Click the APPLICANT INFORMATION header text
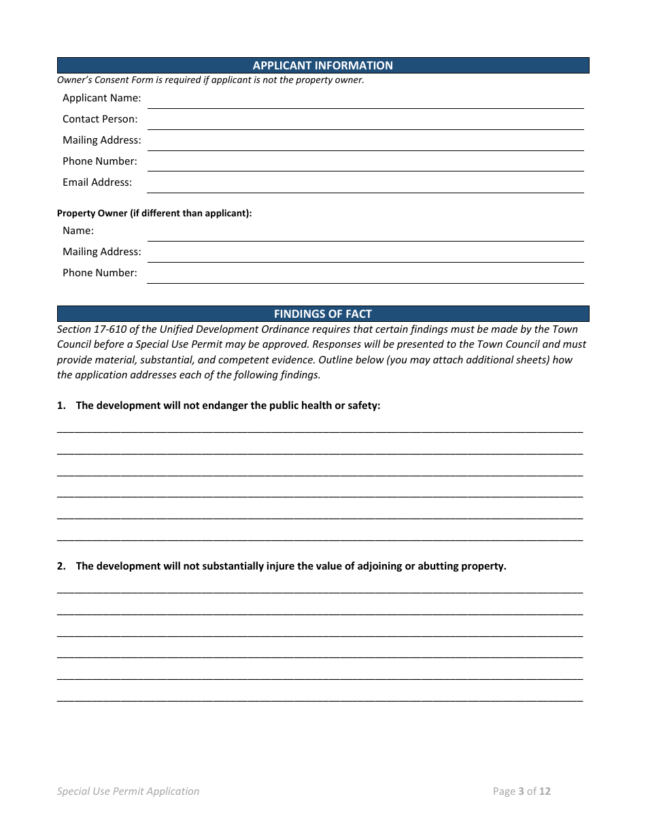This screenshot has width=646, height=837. click(x=322, y=65)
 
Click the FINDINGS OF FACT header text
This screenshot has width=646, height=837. click(x=322, y=314)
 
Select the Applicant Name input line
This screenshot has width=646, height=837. click(x=365, y=101)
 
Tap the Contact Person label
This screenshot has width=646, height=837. click(x=100, y=119)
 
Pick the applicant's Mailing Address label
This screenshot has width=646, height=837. click(x=102, y=140)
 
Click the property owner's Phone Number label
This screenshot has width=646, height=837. click(x=100, y=273)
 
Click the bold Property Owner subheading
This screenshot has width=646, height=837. click(x=154, y=213)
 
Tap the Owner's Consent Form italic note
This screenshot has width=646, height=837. click(x=211, y=80)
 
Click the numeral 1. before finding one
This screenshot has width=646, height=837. click(x=61, y=406)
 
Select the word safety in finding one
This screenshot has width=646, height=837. click(x=363, y=406)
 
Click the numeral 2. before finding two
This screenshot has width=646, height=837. click(x=61, y=566)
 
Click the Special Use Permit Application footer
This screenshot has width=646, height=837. click(x=129, y=791)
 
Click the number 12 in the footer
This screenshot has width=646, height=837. click(x=545, y=791)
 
